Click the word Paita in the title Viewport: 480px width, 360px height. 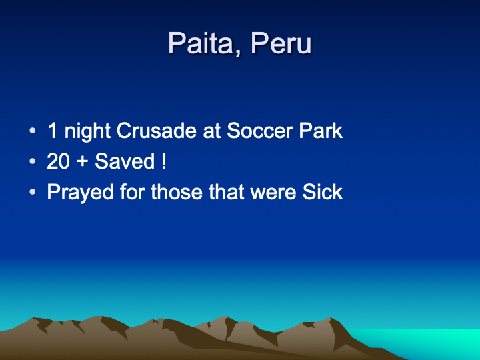pos(201,43)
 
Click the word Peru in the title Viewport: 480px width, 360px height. pos(281,43)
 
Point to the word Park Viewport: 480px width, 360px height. pos(321,131)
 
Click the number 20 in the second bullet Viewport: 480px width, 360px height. pos(58,161)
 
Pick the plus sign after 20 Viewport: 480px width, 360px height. pos(83,161)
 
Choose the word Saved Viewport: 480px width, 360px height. pos(125,161)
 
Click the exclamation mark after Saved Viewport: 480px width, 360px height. pos(164,161)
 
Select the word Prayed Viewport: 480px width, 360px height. pos(80,192)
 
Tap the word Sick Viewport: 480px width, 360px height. pos(323,192)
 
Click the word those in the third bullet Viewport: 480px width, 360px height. pos(177,192)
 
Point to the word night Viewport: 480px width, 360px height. pos(87,131)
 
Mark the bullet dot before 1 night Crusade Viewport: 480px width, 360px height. pos(33,131)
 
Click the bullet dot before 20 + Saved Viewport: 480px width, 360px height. pos(33,161)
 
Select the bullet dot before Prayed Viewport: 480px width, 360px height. pos(33,192)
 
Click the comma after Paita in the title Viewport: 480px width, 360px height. pos(237,53)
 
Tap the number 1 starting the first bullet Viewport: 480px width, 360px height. pos(53,131)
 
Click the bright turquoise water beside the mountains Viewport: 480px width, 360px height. pos(423,342)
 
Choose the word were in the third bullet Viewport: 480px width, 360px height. pos(273,192)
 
